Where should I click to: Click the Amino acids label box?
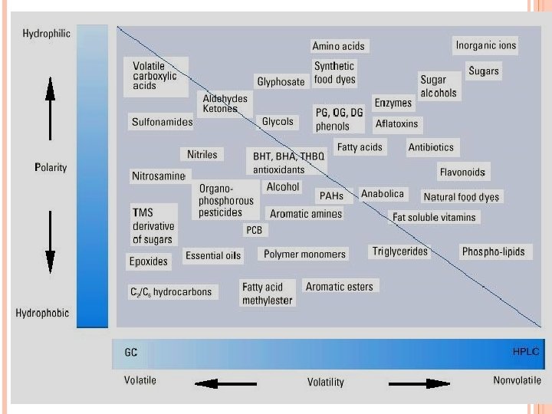(338, 46)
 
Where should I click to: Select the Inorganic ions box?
(485, 45)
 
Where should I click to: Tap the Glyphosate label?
(281, 81)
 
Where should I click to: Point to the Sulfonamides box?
(161, 121)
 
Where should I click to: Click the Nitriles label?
(202, 154)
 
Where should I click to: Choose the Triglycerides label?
(399, 251)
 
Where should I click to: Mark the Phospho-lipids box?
(493, 251)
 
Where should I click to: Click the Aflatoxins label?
(396, 123)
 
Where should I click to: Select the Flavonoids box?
(462, 172)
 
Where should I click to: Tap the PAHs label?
(331, 196)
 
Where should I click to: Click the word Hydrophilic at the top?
(48, 34)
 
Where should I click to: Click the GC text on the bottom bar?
(131, 353)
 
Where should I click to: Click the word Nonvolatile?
(517, 379)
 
